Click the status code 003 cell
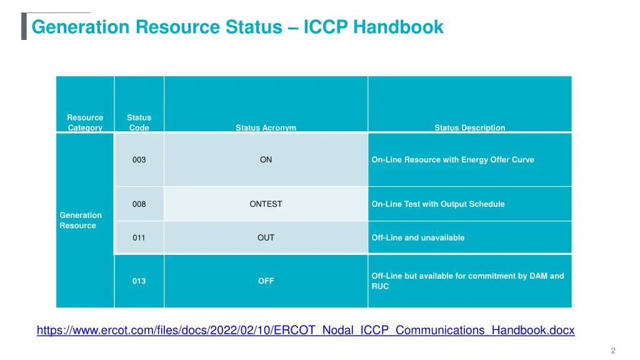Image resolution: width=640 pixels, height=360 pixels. click(x=139, y=160)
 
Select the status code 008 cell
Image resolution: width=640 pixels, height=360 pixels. click(x=139, y=204)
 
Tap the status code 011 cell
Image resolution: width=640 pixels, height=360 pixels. click(x=139, y=238)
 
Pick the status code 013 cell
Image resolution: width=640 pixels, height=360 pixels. click(x=139, y=281)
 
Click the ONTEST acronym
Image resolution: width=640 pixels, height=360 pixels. click(x=266, y=204)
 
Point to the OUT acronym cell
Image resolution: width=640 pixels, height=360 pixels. click(x=266, y=238)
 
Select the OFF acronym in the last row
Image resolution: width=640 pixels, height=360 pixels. click(x=266, y=281)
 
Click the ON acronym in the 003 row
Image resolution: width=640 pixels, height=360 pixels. click(x=266, y=160)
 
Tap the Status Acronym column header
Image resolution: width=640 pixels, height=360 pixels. click(x=266, y=127)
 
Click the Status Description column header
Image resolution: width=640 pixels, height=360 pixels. click(x=469, y=127)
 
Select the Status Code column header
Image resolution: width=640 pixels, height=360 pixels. click(x=139, y=122)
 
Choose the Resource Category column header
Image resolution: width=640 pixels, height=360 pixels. click(x=85, y=122)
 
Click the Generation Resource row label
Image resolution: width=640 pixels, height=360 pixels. click(x=80, y=220)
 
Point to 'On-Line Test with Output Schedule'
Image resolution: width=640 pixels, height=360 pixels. click(x=437, y=204)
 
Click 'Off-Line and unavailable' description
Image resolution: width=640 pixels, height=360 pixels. click(x=417, y=238)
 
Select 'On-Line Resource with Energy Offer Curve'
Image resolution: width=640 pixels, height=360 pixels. click(x=452, y=160)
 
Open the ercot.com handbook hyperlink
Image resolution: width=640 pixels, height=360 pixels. click(x=305, y=331)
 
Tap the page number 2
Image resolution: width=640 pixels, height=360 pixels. click(x=612, y=351)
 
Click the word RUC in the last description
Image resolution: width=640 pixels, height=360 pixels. click(x=380, y=286)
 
